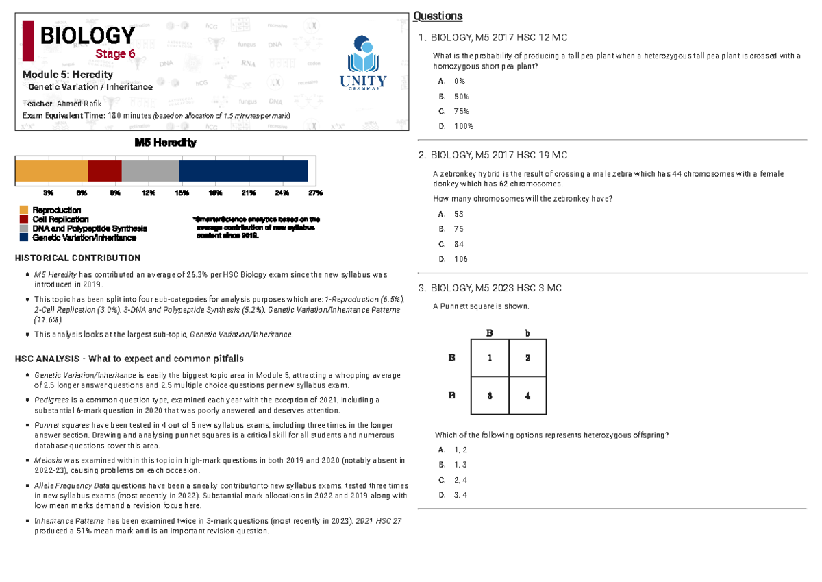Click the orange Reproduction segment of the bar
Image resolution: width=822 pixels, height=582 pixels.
pyautogui.click(x=51, y=171)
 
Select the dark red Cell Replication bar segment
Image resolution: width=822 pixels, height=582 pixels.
pyautogui.click(x=105, y=171)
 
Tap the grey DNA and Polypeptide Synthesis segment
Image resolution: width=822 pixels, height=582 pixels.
pyautogui.click(x=150, y=171)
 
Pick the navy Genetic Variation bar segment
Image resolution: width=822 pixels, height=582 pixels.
pyautogui.click(x=243, y=171)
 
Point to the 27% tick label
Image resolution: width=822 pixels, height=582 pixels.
pyautogui.click(x=314, y=193)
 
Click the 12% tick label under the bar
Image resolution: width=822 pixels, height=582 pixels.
pyautogui.click(x=149, y=193)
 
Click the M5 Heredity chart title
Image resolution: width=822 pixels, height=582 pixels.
pyautogui.click(x=165, y=143)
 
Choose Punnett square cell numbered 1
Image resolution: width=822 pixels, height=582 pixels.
pyautogui.click(x=490, y=357)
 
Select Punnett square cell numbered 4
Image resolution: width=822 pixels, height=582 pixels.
pyautogui.click(x=527, y=396)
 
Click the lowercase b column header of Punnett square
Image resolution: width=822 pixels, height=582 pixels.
pyautogui.click(x=527, y=332)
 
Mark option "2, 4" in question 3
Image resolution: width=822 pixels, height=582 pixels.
pyautogui.click(x=460, y=480)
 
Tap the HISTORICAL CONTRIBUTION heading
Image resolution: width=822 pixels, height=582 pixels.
pyautogui.click(x=77, y=258)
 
